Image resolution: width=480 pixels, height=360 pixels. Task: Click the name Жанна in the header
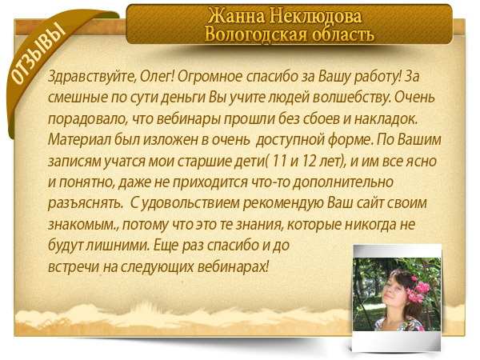click(x=236, y=15)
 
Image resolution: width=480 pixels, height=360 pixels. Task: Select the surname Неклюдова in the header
click(x=316, y=16)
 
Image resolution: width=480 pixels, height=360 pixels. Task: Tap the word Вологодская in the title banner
click(x=255, y=34)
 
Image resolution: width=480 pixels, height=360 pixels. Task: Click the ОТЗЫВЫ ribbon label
click(x=38, y=54)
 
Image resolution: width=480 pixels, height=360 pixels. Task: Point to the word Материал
click(x=79, y=139)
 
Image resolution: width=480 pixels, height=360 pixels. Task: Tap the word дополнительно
click(x=343, y=182)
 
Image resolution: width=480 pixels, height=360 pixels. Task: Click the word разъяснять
click(x=86, y=203)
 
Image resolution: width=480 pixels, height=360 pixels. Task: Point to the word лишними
click(x=118, y=246)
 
